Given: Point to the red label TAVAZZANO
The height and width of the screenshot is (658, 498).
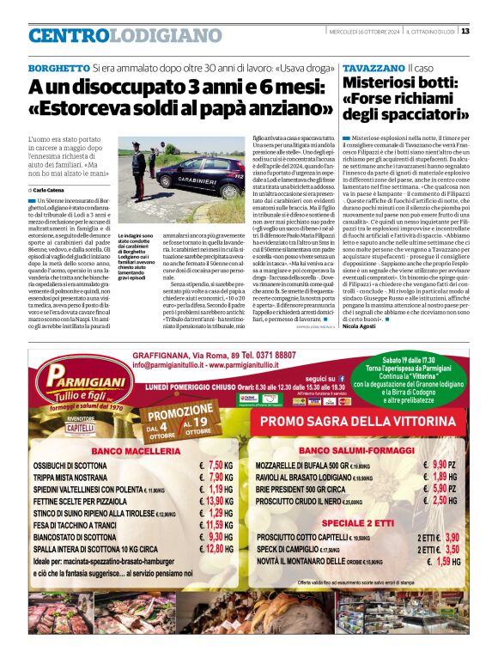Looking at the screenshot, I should pyautogui.click(x=373, y=67).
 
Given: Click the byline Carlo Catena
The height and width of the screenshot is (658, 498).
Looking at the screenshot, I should pyautogui.click(x=51, y=188).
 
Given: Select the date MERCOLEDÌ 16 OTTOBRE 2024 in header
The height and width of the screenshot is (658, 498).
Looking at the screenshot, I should pyautogui.click(x=365, y=31).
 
